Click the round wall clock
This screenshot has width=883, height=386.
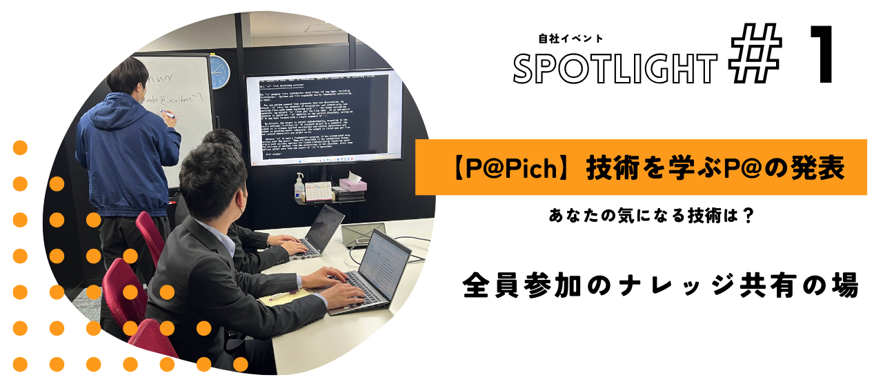pyautogui.click(x=219, y=72)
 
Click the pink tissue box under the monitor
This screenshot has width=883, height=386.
pyautogui.click(x=353, y=185)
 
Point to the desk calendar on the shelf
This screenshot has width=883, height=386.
pyautogui.click(x=319, y=191)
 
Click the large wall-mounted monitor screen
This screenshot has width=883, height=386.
pyautogui.click(x=324, y=116)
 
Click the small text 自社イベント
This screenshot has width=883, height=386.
pyautogui.click(x=571, y=39)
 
